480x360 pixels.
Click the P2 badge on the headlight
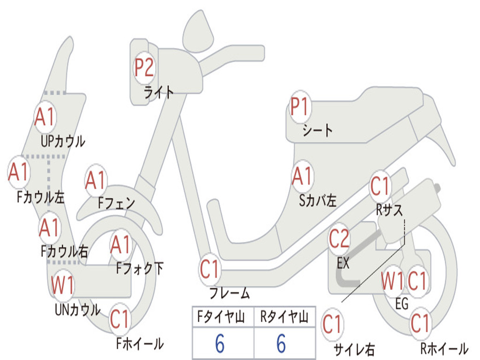pyautogui.click(x=144, y=67)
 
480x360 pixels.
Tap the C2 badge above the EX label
pyautogui.click(x=339, y=239)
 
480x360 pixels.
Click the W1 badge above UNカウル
pyautogui.click(x=62, y=285)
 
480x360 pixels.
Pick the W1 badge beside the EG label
pyautogui.click(x=393, y=281)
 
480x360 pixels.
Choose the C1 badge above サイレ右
pyautogui.click(x=332, y=324)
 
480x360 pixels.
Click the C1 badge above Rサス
pyautogui.click(x=380, y=186)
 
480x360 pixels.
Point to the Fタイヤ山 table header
pyautogui.click(x=221, y=317)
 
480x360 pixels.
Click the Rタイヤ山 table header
pyautogui.click(x=284, y=317)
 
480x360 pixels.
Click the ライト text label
pyautogui.click(x=158, y=92)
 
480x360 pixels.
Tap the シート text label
pyautogui.click(x=317, y=130)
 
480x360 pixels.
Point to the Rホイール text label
pyautogui.click(x=444, y=348)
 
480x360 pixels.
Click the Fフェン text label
pyautogui.click(x=117, y=202)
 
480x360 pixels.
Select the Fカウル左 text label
pyautogui.click(x=41, y=197)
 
